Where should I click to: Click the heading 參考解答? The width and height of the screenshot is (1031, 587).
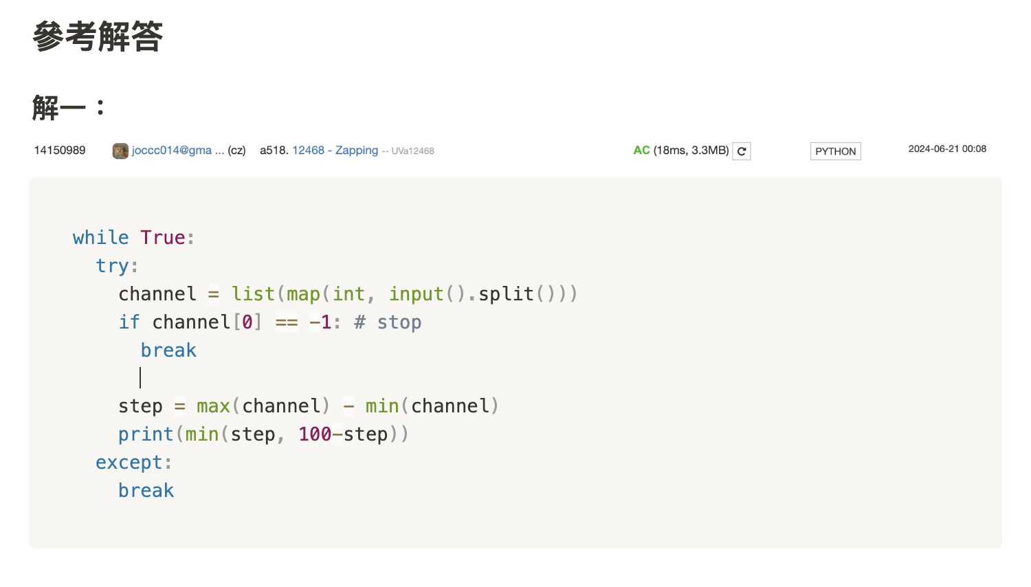98,36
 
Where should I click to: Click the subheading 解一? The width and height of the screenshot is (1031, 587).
59,108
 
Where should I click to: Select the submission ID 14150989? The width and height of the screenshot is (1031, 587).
60,151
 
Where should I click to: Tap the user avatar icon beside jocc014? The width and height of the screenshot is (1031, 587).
120,151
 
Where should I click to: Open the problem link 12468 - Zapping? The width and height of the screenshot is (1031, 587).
335,151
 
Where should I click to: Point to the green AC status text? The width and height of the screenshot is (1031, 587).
641,151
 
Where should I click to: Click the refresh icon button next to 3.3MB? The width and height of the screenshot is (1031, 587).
742,151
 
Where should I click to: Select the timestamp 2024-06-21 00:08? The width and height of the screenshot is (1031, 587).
947,149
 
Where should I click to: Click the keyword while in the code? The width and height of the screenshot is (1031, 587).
100,238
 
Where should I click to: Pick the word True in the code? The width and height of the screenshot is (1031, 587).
163,238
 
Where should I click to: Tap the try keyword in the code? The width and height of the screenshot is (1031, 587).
112,266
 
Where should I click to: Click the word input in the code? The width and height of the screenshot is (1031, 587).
417,294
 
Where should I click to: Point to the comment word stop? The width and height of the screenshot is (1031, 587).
399,322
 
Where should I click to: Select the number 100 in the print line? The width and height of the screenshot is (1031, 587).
315,434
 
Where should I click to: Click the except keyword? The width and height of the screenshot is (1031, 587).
129,463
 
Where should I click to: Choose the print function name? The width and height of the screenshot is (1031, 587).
146,434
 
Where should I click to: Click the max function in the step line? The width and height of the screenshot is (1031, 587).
213,406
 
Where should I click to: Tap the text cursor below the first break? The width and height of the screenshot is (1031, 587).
140,378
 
